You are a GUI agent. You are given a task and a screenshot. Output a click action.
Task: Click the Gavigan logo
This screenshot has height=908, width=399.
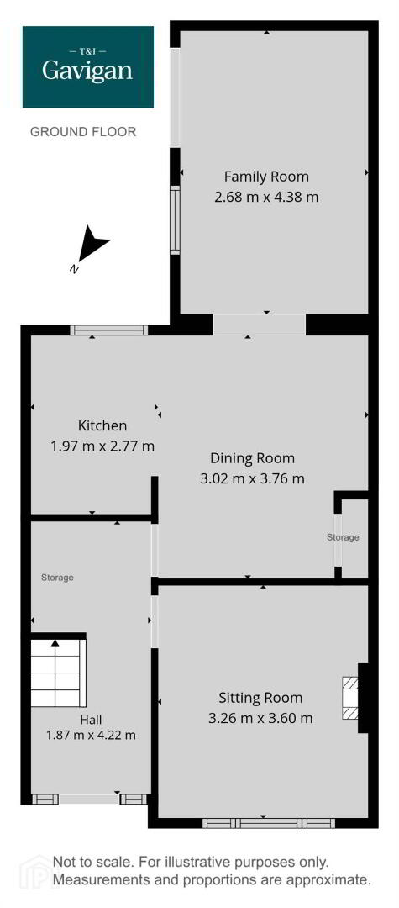click(x=88, y=66)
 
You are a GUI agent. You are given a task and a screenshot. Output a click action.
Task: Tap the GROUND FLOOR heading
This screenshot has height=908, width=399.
click(x=83, y=132)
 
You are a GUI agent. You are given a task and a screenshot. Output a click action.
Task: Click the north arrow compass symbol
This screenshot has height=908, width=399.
click(x=90, y=246)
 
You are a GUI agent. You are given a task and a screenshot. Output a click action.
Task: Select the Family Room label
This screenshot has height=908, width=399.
click(x=266, y=176)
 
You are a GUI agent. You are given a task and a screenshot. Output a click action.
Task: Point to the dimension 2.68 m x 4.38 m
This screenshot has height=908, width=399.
click(x=266, y=197)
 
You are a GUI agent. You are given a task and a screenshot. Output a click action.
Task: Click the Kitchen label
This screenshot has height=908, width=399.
click(x=102, y=426)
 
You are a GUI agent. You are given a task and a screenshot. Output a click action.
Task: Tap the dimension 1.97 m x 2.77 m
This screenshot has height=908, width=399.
click(x=102, y=446)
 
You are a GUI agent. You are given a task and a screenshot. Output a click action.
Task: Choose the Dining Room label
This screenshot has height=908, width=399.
click(x=252, y=459)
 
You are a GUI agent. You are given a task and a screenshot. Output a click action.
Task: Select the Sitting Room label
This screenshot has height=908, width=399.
click(x=260, y=698)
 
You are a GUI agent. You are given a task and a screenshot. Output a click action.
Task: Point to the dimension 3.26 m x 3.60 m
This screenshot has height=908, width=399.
click(x=260, y=719)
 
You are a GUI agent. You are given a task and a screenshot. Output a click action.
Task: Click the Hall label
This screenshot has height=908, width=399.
click(x=92, y=720)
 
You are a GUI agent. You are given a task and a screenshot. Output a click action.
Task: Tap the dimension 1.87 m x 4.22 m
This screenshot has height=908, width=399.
click(x=92, y=736)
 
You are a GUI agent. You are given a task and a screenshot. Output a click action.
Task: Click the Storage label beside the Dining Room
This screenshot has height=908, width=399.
click(x=343, y=537)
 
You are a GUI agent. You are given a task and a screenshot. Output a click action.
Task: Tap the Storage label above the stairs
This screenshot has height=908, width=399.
click(x=57, y=578)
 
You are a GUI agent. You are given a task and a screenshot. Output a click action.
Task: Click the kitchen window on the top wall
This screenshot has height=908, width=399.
click(x=109, y=330)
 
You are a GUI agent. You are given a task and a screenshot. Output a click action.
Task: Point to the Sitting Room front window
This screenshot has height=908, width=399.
click(x=269, y=823)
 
